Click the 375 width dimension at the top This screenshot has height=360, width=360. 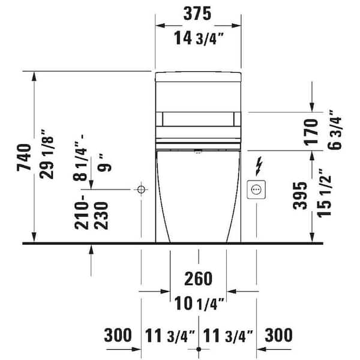[197, 14]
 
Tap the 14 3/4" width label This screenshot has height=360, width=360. [199, 38]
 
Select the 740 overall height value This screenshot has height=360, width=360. [24, 157]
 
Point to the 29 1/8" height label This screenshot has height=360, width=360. [46, 154]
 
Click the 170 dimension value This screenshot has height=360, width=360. [311, 132]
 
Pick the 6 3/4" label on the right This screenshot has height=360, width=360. [334, 130]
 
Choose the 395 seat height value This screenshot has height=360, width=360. [300, 196]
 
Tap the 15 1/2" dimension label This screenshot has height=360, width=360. [324, 193]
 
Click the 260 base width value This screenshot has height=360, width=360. [198, 278]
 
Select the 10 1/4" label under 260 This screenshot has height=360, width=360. [199, 303]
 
